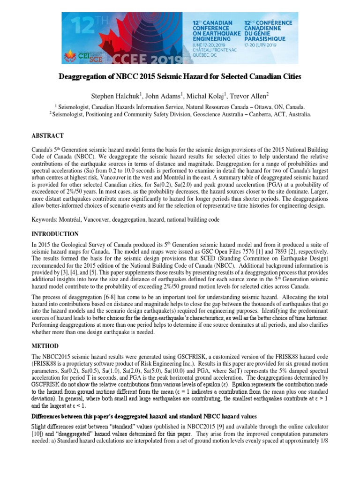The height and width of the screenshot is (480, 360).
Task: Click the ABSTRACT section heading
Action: (x=48, y=135)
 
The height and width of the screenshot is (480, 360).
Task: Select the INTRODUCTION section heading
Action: (x=56, y=233)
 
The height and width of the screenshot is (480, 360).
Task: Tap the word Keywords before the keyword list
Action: (x=45, y=219)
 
